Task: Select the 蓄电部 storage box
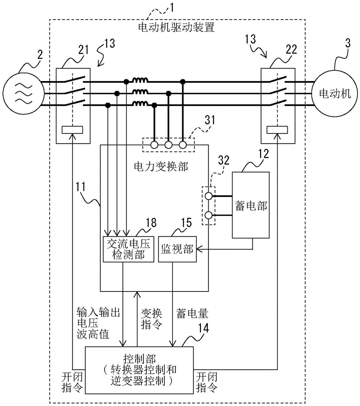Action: click(x=250, y=205)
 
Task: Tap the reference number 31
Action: click(x=210, y=121)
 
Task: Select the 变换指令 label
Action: click(x=151, y=319)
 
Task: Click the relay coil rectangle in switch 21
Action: click(x=72, y=130)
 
